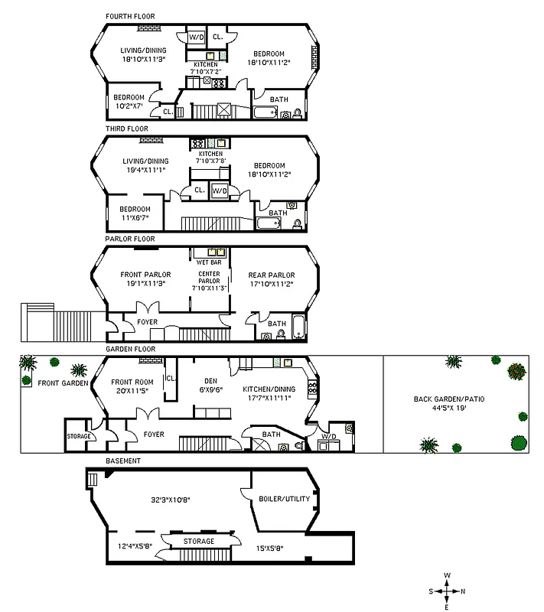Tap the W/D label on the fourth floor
[x=196, y=36]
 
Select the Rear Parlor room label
[x=272, y=275]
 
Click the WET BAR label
[x=209, y=262]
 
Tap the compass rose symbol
[x=447, y=591]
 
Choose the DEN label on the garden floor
[x=212, y=380]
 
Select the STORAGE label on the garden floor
[x=78, y=436]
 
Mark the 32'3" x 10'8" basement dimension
[x=171, y=500]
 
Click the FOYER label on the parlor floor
[x=147, y=322]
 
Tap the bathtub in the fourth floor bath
[x=265, y=113]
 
